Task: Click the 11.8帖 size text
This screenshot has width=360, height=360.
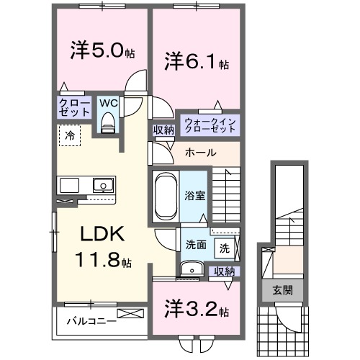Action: [102, 259]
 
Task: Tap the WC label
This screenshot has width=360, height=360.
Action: [108, 103]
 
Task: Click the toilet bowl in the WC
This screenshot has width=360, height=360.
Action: [109, 124]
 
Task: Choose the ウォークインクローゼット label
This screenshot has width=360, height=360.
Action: [210, 124]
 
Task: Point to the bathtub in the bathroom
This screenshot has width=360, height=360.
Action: [164, 194]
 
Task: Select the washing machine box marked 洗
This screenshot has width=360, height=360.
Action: [224, 248]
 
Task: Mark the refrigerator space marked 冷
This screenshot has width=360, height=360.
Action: [70, 135]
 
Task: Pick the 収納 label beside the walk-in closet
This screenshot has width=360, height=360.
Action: [163, 130]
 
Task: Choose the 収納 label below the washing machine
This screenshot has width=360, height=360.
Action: [224, 271]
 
